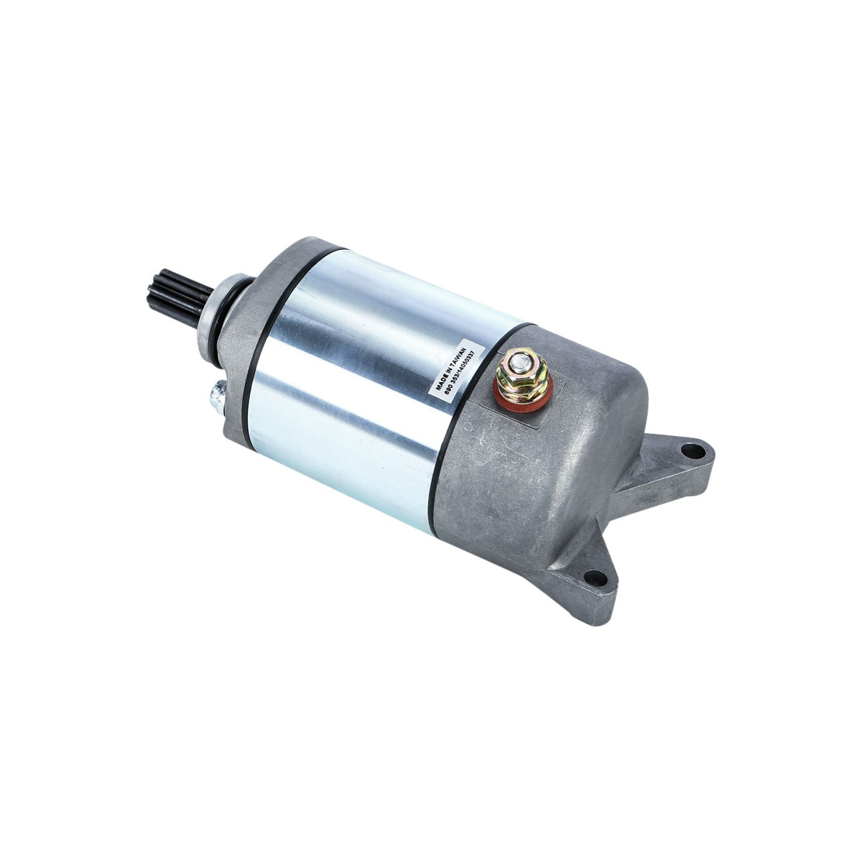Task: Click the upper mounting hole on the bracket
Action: click(691, 452)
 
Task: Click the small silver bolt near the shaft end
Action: click(214, 394)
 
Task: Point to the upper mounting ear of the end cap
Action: click(672, 460)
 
